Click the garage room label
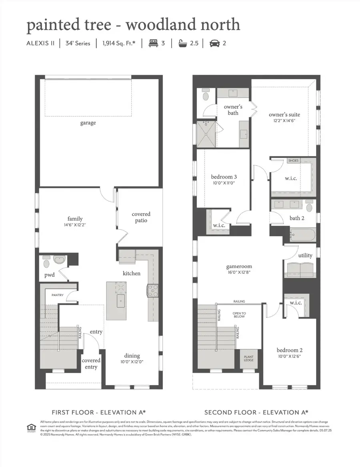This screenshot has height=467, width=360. click(88, 123)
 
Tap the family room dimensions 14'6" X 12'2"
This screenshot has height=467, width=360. click(75, 225)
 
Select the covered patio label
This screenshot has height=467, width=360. click(141, 217)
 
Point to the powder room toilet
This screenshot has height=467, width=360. click(46, 263)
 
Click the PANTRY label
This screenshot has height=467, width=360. click(58, 295)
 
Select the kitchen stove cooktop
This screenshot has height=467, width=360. click(152, 291)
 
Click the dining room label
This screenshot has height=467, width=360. click(132, 355)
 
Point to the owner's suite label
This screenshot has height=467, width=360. click(284, 114)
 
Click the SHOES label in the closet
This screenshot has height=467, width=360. click(293, 160)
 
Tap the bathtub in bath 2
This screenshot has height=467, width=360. click(302, 234)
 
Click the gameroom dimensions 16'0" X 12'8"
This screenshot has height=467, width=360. click(239, 273)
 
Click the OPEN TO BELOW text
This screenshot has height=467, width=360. click(240, 315)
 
